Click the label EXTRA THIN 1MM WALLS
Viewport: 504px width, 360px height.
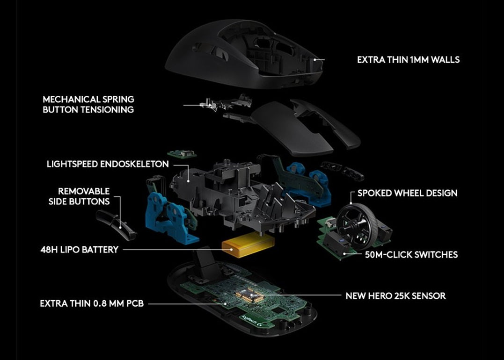coord(408,60)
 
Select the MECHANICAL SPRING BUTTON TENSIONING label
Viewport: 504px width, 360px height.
coord(88,104)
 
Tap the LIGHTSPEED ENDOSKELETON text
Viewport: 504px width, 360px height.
coord(108,164)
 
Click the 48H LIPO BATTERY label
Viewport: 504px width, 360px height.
coord(79,250)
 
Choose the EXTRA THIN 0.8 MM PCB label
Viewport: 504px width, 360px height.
coord(92,304)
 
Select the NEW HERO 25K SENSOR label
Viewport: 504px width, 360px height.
coord(395,295)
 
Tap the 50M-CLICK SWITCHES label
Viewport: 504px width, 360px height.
coord(411,255)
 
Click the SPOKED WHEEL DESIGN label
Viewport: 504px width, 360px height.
coord(407,193)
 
